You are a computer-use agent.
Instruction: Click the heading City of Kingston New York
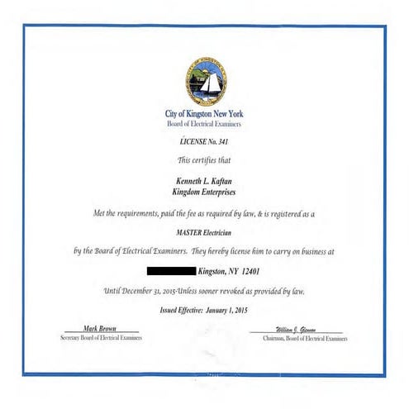click(x=204, y=113)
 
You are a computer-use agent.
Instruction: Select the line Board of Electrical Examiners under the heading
click(x=204, y=123)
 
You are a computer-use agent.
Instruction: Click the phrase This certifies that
click(x=204, y=159)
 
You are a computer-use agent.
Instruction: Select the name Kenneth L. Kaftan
click(x=204, y=179)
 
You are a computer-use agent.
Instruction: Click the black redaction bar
click(x=171, y=270)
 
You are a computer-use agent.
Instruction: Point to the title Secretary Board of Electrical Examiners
click(x=101, y=339)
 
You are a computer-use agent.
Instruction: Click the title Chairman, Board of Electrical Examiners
click(x=305, y=339)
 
